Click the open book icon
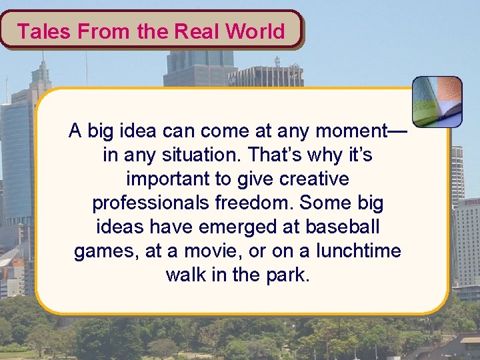point(437,101)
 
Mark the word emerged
point(230,227)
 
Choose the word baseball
point(342,227)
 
